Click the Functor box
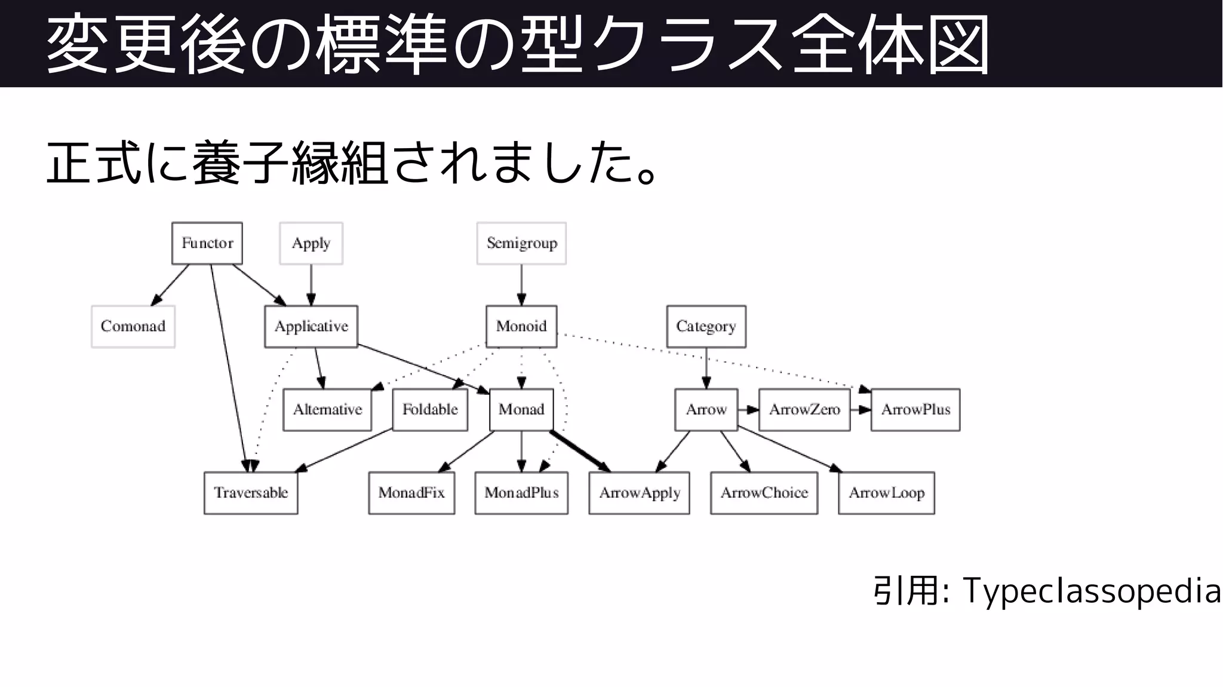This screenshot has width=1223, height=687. tap(207, 243)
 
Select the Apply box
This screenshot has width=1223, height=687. tap(311, 243)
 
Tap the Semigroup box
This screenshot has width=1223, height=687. tap(521, 243)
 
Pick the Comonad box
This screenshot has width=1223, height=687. tap(133, 326)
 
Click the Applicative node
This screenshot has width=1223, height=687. tap(311, 326)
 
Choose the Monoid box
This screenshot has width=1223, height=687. tap(521, 326)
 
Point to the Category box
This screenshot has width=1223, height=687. tap(706, 326)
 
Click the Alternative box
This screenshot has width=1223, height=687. tap(327, 410)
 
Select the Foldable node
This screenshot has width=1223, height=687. tap(430, 410)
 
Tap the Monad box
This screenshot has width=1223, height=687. tap(521, 410)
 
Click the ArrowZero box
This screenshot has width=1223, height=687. tap(804, 410)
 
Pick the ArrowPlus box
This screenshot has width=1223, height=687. tap(915, 410)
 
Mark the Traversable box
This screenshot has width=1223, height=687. tap(251, 493)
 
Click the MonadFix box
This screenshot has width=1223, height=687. tap(411, 493)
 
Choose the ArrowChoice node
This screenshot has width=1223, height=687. tap(764, 493)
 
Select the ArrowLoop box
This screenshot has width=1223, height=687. tap(886, 493)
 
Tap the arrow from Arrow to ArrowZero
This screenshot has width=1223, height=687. tap(748, 410)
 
